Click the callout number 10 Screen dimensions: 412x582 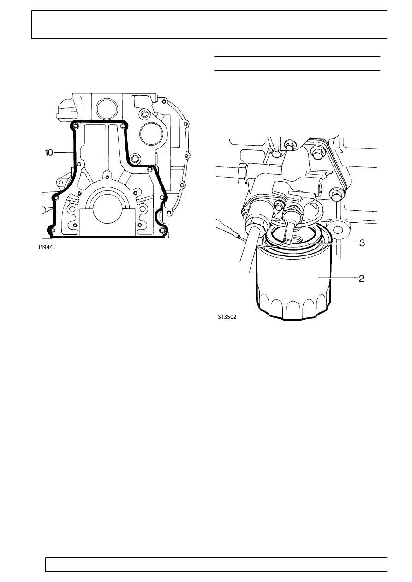(48, 153)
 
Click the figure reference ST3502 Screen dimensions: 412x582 (227, 317)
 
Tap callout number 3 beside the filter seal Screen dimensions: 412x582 (362, 243)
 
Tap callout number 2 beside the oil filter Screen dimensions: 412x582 (361, 279)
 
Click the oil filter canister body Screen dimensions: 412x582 (294, 280)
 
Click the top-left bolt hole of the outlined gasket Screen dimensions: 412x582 (76, 126)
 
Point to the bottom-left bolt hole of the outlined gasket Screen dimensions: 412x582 (52, 230)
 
